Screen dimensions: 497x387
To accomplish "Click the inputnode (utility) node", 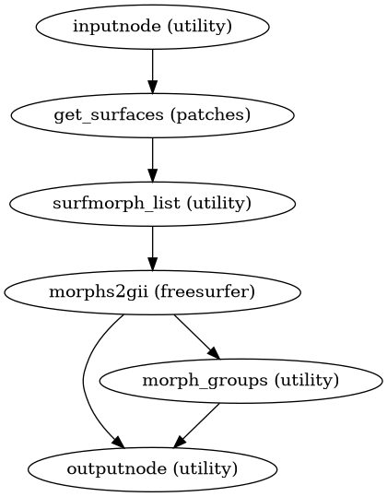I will coord(152,27).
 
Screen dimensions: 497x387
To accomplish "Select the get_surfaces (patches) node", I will coord(152,115).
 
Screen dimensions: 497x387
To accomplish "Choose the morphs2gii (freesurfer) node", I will coord(152,292).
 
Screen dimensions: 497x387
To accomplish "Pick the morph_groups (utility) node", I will coord(240,381).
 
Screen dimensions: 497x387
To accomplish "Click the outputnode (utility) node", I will coord(152,469).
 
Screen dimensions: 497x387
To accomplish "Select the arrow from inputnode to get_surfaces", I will coord(152,71).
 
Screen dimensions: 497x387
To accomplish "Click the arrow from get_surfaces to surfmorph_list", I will coord(152,160).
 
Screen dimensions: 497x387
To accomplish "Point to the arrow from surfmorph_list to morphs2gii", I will coord(152,248).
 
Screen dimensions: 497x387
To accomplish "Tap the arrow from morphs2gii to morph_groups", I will coord(195,337).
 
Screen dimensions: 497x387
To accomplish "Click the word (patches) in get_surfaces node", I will coord(217,115).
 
